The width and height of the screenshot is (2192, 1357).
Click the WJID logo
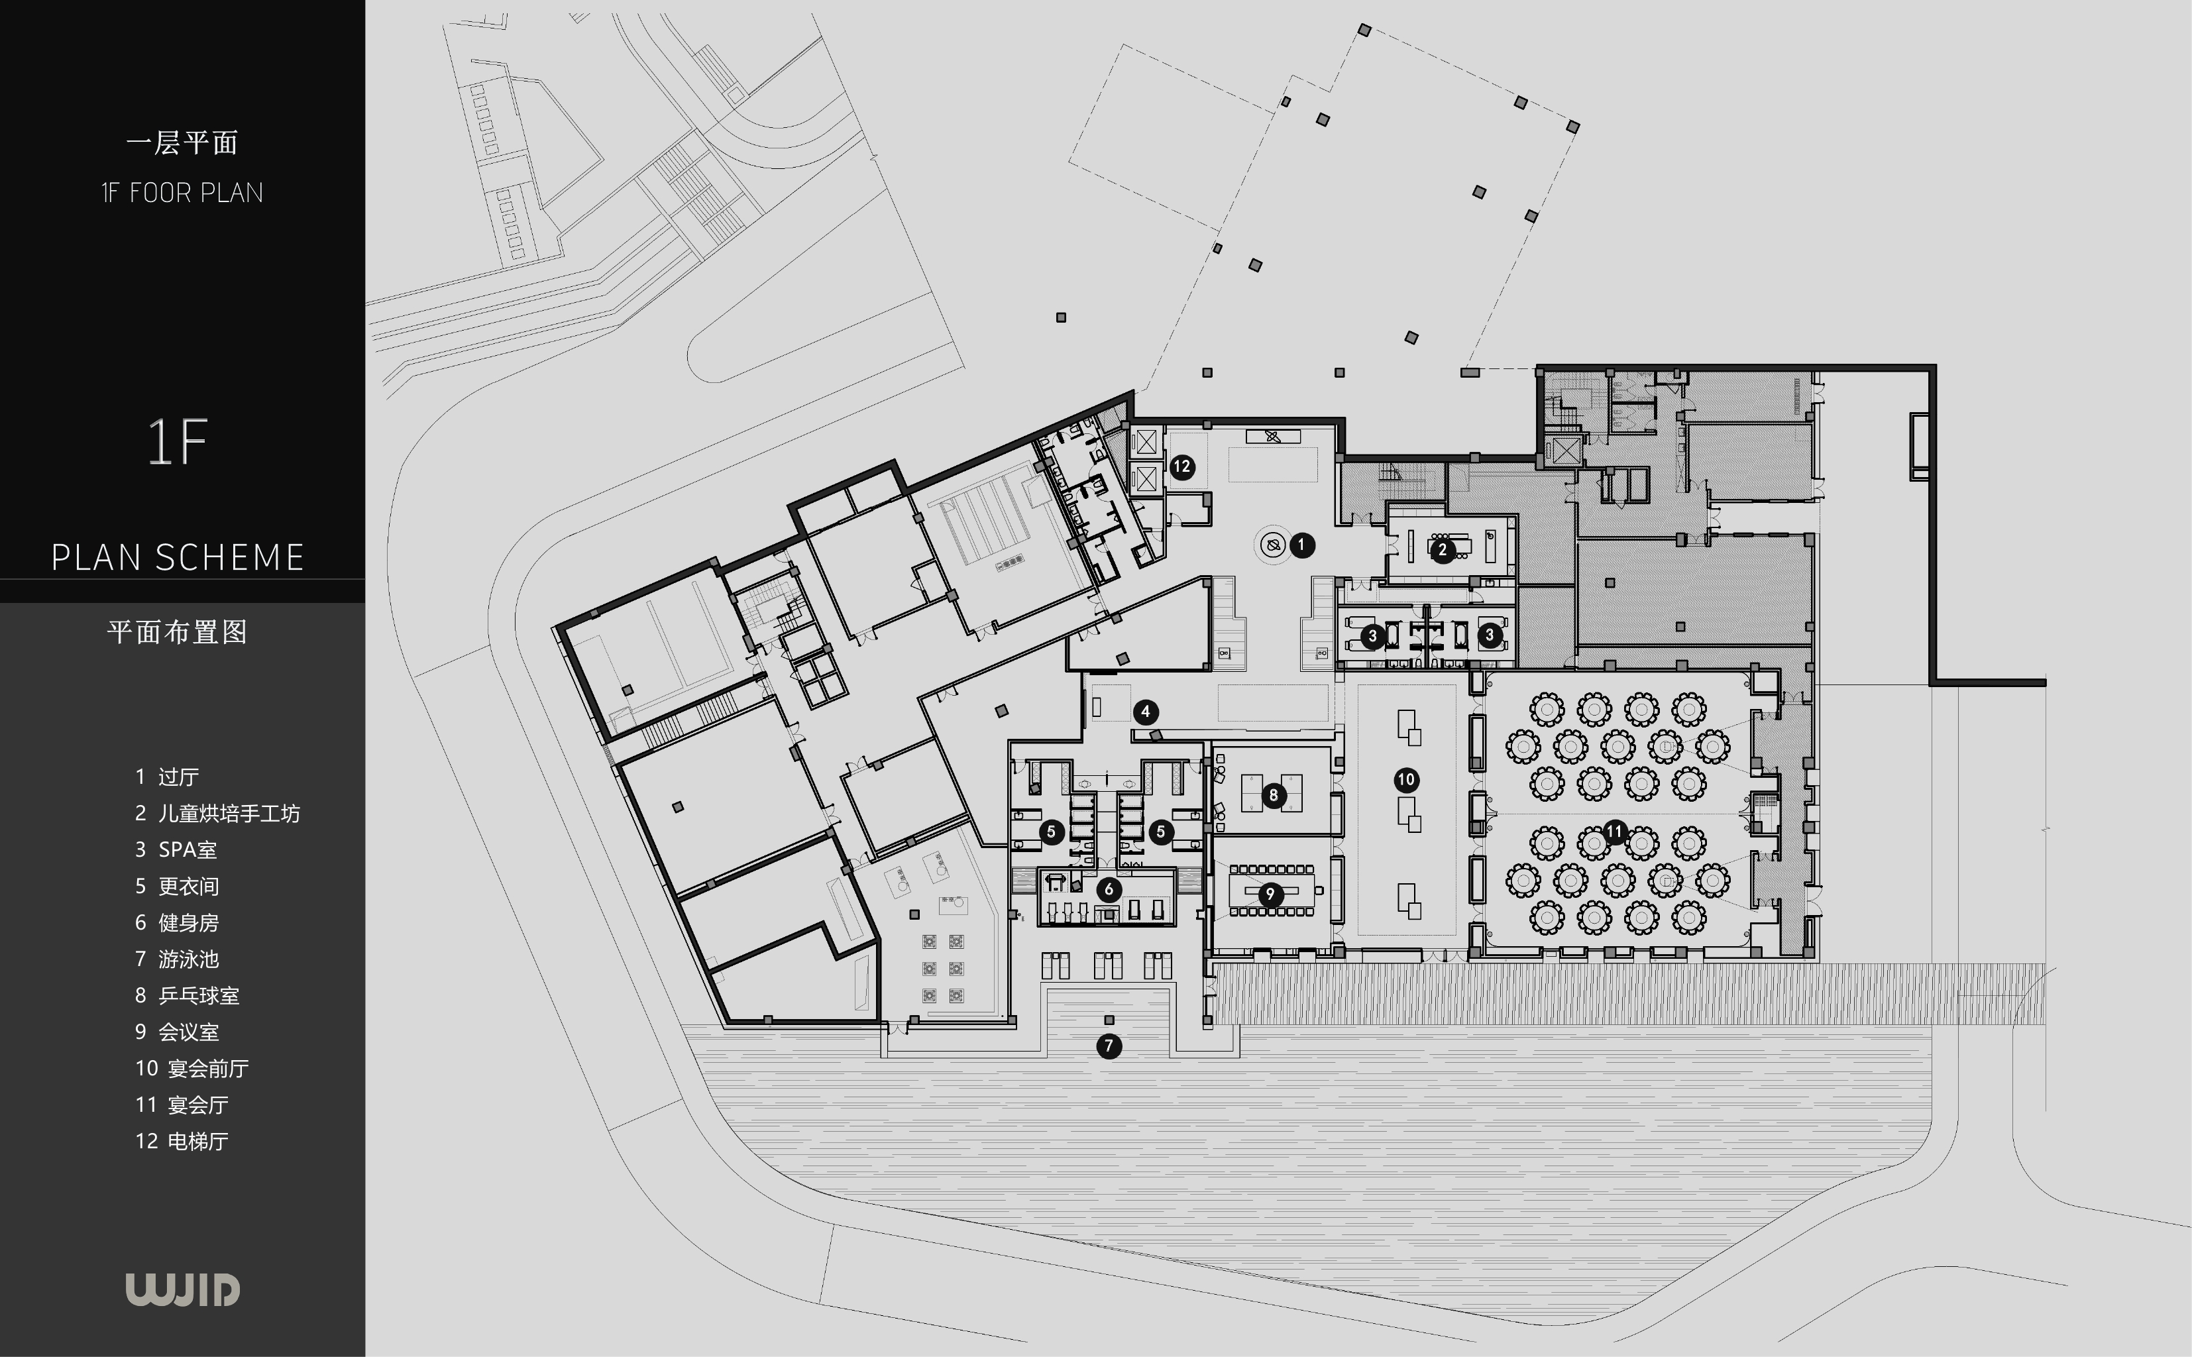coord(182,1289)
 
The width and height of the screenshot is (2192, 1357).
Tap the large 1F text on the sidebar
coord(178,441)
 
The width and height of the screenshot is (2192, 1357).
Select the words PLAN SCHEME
coord(178,557)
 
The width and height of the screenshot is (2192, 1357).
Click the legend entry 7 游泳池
coord(177,959)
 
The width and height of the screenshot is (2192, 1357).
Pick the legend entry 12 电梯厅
coord(182,1141)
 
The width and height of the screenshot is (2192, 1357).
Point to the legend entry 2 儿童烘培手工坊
coord(217,813)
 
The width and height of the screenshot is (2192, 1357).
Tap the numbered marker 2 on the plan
coord(1442,549)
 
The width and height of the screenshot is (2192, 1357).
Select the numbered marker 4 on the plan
coord(1145,712)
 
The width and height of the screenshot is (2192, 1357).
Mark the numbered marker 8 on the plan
coord(1273,794)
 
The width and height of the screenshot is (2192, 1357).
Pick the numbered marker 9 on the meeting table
coord(1270,894)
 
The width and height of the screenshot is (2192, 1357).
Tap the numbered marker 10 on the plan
coord(1406,780)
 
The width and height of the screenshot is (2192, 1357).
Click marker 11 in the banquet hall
coord(1614,831)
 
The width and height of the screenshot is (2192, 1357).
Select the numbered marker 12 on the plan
coord(1181,466)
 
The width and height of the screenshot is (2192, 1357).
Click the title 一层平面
coord(182,142)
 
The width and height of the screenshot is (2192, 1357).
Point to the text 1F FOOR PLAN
coord(182,193)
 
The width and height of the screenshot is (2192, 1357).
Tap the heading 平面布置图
coord(177,632)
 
